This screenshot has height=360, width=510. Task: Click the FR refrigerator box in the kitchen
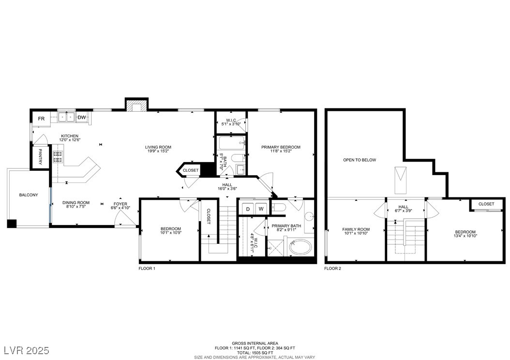[x=41, y=119]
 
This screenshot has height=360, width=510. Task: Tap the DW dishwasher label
[x=82, y=118]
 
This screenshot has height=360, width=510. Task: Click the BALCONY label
[x=29, y=195]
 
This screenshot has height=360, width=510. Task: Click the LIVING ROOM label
[x=158, y=147]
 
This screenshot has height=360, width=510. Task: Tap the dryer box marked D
[x=248, y=209]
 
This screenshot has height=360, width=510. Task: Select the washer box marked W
[x=261, y=209]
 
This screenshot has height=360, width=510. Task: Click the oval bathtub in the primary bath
[x=300, y=247]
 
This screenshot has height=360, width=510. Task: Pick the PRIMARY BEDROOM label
[x=281, y=147]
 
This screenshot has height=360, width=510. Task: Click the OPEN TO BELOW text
[x=360, y=160]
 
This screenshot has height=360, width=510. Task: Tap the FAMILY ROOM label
[x=356, y=229]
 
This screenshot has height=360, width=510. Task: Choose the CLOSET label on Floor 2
[x=486, y=204]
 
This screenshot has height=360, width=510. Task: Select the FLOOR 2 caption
[x=333, y=269]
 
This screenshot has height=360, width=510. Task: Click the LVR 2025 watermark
[x=27, y=350]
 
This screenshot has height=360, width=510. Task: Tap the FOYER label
[x=120, y=204]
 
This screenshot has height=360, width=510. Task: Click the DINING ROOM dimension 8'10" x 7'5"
[x=76, y=207]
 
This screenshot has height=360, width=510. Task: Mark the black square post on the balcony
[x=12, y=224]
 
